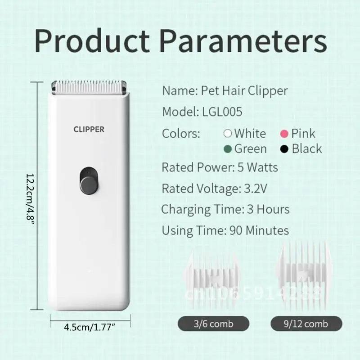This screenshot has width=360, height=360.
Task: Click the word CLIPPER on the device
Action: [89, 129]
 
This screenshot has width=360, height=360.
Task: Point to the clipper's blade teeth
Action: [89, 84]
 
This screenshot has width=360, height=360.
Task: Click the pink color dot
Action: [284, 134]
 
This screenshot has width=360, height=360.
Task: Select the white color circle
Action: [228, 134]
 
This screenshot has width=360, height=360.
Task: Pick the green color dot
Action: [228, 149]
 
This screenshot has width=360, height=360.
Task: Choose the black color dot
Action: [284, 149]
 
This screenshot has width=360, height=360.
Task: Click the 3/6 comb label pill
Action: [213, 324]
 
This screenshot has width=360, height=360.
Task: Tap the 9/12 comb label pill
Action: [306, 324]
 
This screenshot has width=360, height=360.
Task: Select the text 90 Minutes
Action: [259, 231]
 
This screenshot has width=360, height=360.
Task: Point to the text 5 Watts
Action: [257, 167]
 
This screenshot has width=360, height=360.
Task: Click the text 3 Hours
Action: [268, 209]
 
